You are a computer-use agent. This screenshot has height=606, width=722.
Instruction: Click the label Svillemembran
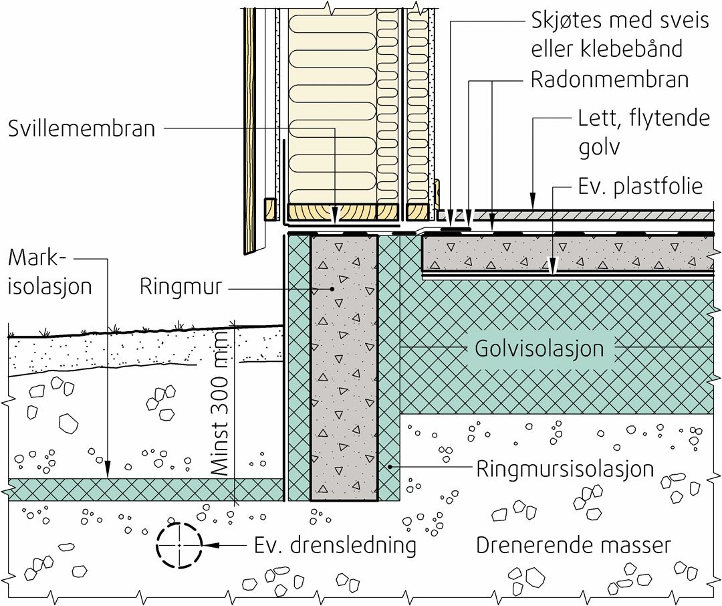[x=82, y=128]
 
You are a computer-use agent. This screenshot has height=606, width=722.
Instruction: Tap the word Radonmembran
[x=609, y=80]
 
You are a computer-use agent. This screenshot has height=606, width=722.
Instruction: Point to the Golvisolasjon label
[x=539, y=348]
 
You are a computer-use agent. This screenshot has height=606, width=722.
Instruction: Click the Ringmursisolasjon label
[x=565, y=468]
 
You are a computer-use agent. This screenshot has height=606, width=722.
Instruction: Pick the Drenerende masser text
[x=573, y=545]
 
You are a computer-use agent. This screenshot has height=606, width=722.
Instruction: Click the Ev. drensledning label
[x=335, y=546]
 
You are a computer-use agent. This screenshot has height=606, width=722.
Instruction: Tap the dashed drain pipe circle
[x=179, y=546]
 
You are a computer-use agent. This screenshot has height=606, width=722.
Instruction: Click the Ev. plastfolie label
[x=640, y=186]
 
